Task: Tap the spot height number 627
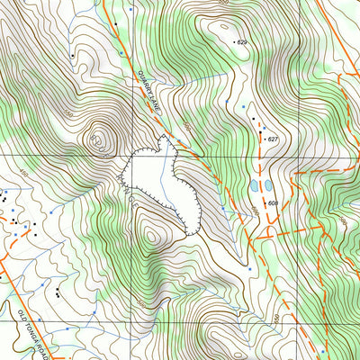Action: (x=273, y=139)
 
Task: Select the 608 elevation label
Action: (x=273, y=203)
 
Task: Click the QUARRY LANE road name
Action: (x=150, y=89)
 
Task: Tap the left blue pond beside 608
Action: (x=255, y=186)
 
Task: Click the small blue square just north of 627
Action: (x=244, y=107)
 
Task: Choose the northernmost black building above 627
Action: (x=253, y=119)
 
